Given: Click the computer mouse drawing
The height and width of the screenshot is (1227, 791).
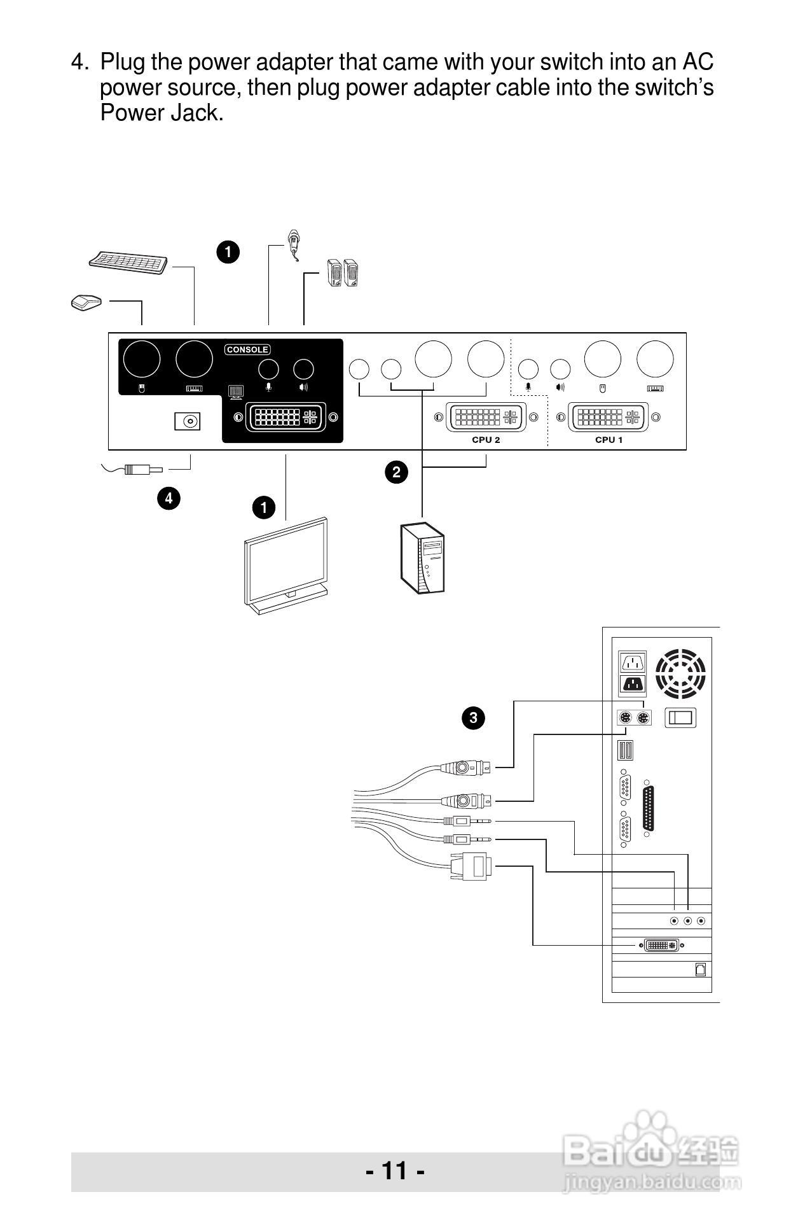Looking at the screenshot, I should click(86, 302).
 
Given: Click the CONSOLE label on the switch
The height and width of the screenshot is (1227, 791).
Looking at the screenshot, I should click(247, 349).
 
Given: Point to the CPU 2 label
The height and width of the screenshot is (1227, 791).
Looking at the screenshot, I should click(486, 440).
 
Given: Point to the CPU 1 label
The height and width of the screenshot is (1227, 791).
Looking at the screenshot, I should click(609, 440).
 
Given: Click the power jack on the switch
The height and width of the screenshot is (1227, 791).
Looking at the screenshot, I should click(188, 421).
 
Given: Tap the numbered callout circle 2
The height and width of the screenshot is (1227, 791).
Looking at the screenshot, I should click(397, 472).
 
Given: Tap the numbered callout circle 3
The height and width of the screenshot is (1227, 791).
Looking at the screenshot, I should click(473, 718).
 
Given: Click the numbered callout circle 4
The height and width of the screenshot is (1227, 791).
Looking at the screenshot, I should click(169, 498).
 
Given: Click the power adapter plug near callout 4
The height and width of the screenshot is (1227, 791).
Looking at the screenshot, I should click(142, 470).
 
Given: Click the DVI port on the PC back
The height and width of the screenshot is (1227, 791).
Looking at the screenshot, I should click(661, 945).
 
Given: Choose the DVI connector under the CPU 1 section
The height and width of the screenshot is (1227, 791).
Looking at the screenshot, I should click(609, 417).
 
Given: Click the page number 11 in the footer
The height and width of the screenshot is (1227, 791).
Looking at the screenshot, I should click(395, 1170).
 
